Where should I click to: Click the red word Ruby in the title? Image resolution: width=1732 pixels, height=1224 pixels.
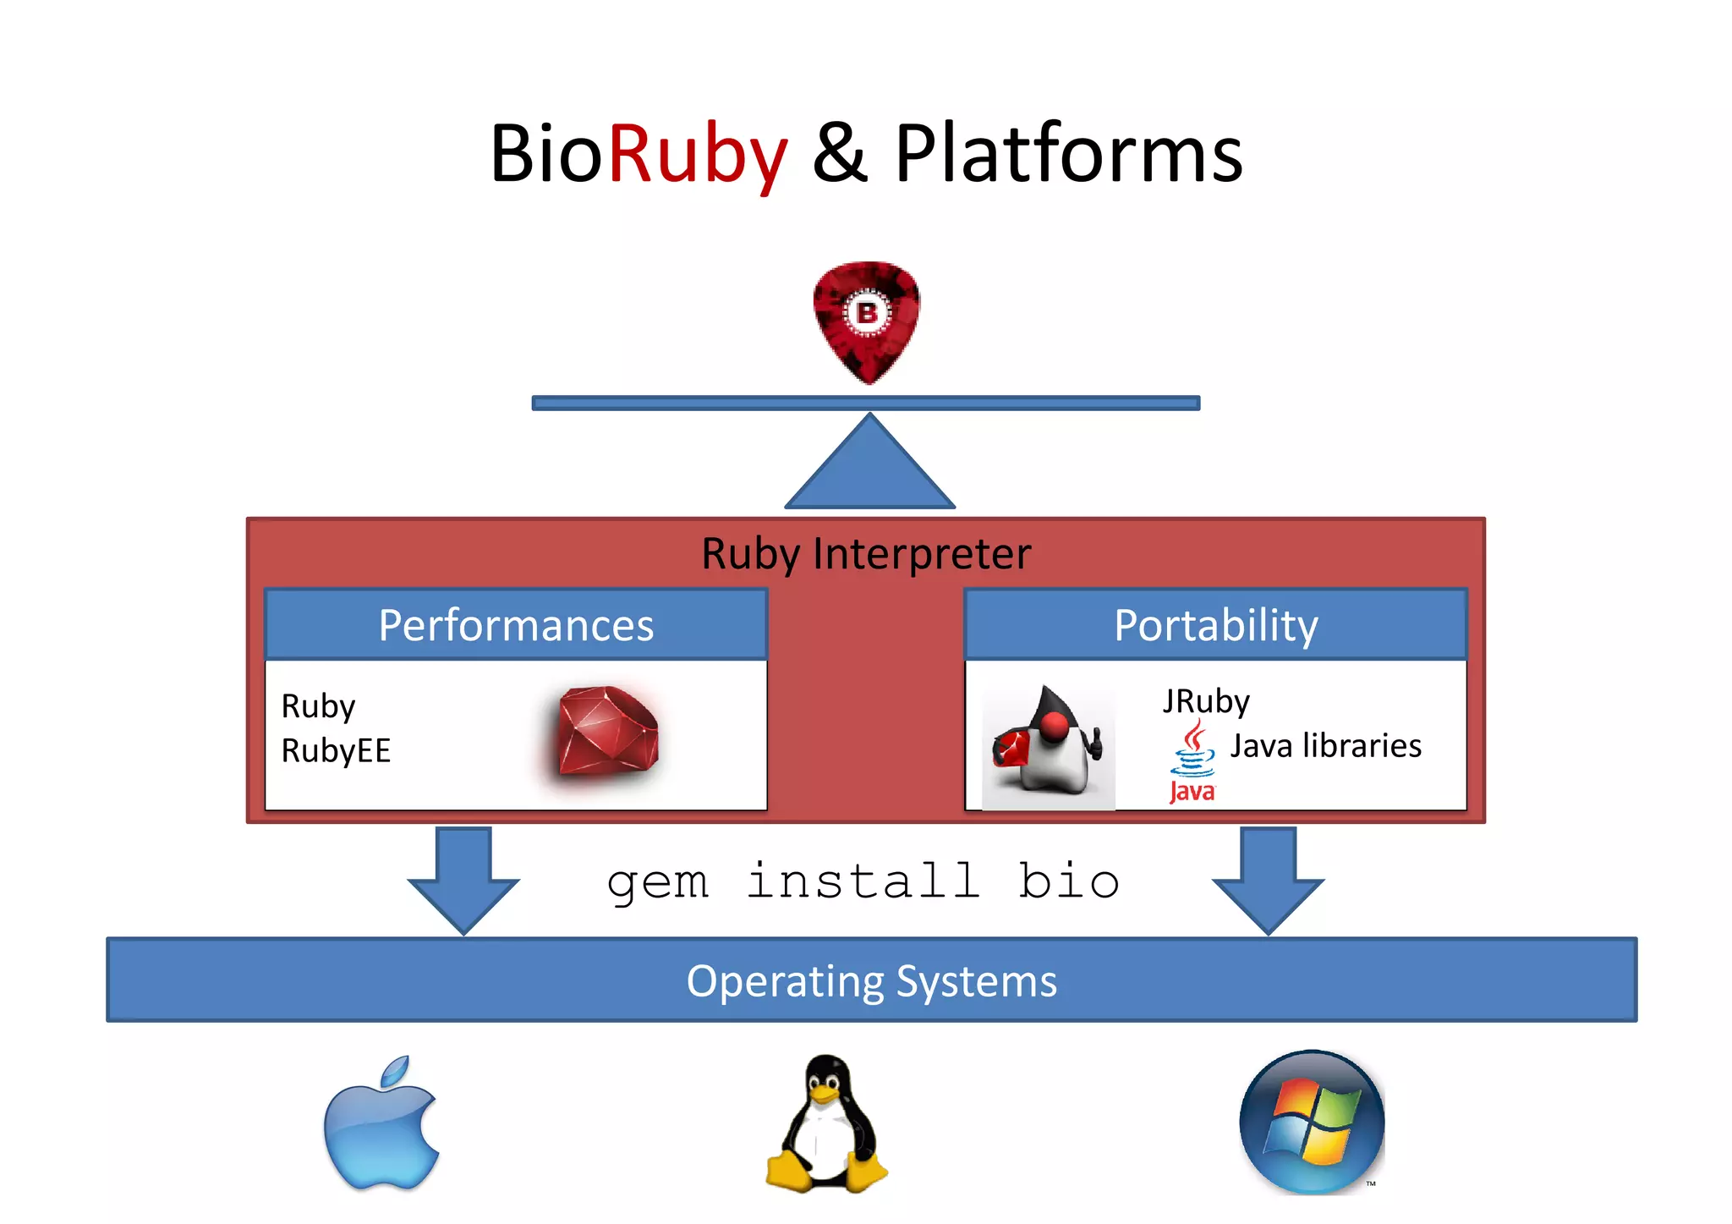click(x=698, y=154)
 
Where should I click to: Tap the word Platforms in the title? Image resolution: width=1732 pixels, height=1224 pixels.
click(x=1068, y=154)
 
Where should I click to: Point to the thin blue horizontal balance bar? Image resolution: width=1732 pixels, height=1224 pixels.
click(x=865, y=403)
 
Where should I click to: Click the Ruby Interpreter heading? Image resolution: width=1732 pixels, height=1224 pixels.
click(x=866, y=554)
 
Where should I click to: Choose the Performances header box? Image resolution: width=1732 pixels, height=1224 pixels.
click(x=516, y=625)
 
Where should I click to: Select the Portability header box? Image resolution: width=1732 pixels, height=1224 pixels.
click(x=1215, y=625)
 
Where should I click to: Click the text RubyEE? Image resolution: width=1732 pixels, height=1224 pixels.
click(x=336, y=750)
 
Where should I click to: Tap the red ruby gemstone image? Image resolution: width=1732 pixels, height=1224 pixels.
click(x=607, y=733)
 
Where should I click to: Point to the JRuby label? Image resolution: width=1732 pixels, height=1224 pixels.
click(x=1205, y=701)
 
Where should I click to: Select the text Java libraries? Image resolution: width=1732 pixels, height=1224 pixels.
click(x=1325, y=746)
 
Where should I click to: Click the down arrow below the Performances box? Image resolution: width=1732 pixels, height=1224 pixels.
click(x=463, y=880)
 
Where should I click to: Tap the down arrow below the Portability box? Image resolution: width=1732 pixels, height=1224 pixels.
click(x=1268, y=880)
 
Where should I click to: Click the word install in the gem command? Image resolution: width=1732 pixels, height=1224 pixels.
click(x=863, y=881)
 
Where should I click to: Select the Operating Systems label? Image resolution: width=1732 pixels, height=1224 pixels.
click(x=871, y=981)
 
